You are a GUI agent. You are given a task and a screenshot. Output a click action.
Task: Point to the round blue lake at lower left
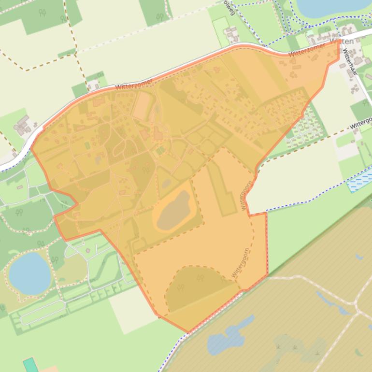[29, 273]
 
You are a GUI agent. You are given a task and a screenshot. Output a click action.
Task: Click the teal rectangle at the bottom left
[30, 365]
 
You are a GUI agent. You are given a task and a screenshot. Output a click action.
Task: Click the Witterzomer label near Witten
[309, 48]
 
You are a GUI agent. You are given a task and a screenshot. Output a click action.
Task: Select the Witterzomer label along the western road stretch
[134, 84]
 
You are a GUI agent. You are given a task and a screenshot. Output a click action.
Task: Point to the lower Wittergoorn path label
[240, 263]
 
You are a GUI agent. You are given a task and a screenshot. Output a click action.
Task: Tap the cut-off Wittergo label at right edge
[361, 122]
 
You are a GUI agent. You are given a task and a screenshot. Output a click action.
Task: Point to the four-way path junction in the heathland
[358, 312]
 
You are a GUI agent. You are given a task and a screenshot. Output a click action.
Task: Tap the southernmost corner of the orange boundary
[188, 332]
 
